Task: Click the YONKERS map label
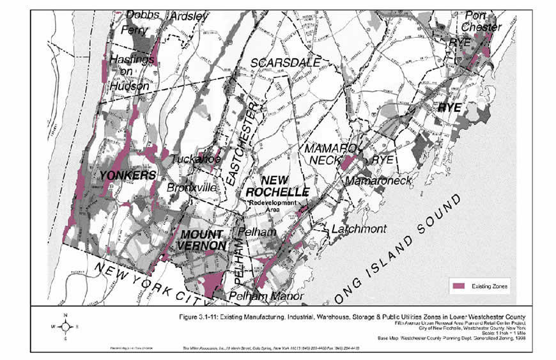[x=127, y=175]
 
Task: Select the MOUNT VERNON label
[x=202, y=240]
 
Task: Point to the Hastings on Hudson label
[x=128, y=72]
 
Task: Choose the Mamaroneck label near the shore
[x=379, y=182]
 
